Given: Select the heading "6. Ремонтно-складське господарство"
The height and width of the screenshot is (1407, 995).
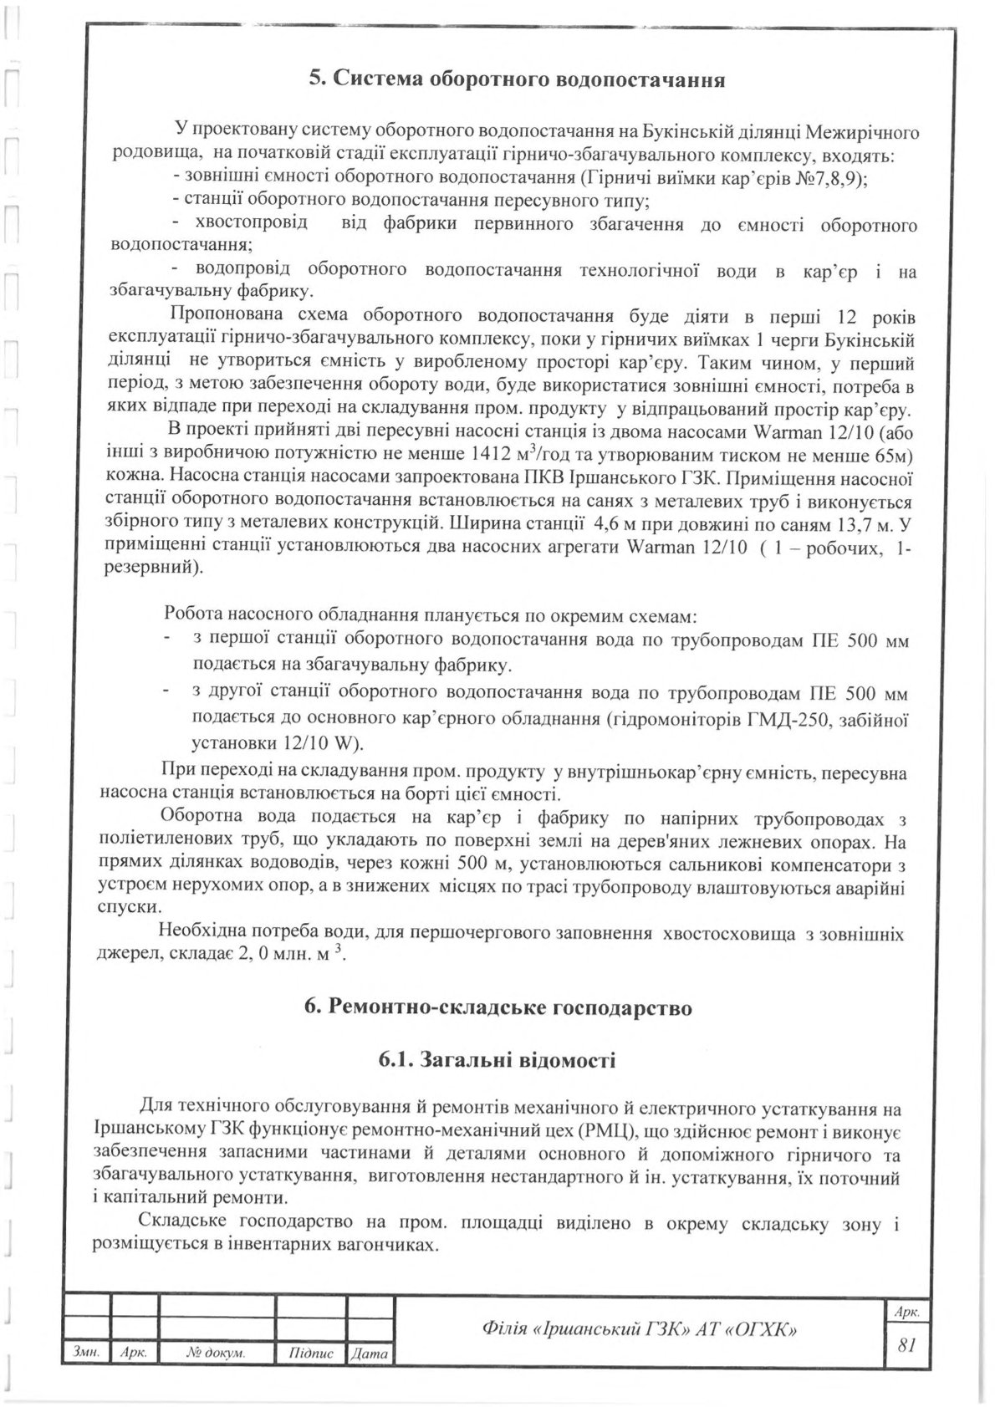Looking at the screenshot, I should point(499,1007).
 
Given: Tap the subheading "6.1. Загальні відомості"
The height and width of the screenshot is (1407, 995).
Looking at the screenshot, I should point(497,1061).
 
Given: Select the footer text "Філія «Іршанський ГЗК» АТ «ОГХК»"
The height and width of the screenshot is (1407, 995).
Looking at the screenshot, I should point(640,1328).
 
